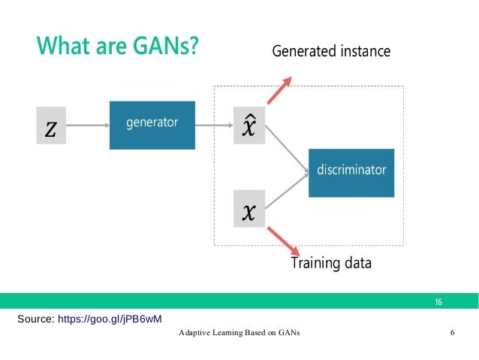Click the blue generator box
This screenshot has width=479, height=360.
(152, 125)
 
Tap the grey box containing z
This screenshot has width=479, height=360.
(50, 127)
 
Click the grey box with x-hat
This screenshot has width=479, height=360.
(249, 126)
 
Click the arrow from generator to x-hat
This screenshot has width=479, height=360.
(215, 126)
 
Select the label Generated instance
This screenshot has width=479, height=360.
(330, 52)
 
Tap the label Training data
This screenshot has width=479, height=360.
(330, 264)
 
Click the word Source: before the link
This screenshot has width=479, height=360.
(35, 319)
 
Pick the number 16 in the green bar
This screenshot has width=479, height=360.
(438, 301)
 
